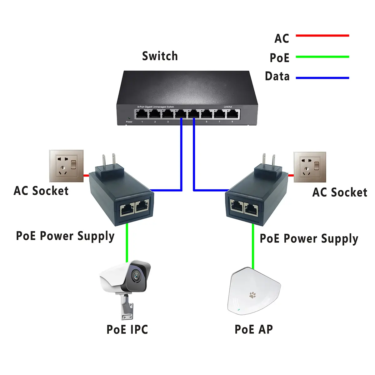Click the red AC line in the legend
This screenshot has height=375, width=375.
(322, 36)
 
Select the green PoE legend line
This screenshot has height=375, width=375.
(322, 57)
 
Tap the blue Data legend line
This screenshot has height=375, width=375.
(322, 78)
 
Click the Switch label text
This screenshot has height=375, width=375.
(160, 56)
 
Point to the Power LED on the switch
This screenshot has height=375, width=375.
(129, 117)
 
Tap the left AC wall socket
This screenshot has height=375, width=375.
(66, 166)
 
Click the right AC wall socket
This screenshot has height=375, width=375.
(310, 167)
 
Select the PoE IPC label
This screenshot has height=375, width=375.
(127, 329)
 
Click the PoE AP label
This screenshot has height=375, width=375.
(253, 329)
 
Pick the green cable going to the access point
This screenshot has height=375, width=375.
(253, 247)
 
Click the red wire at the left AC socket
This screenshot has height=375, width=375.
(86, 175)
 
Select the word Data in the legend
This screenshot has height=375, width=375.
(277, 76)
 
